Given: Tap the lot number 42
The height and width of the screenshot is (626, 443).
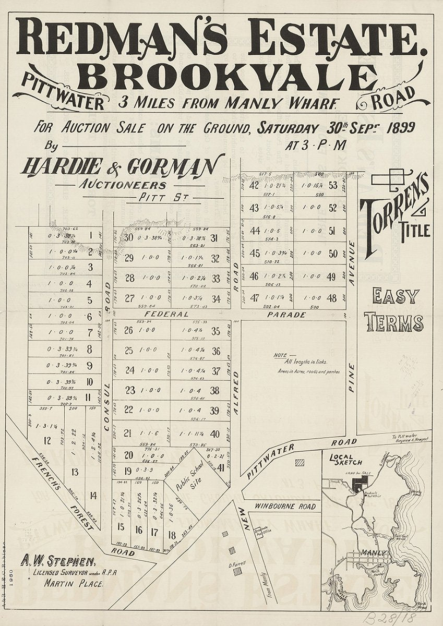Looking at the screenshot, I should point(255,185).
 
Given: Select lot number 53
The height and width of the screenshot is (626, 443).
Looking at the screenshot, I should point(333,185).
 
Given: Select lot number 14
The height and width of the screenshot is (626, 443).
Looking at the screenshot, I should point(93,496).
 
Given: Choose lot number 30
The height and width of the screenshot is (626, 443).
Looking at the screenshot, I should point(129,238).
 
